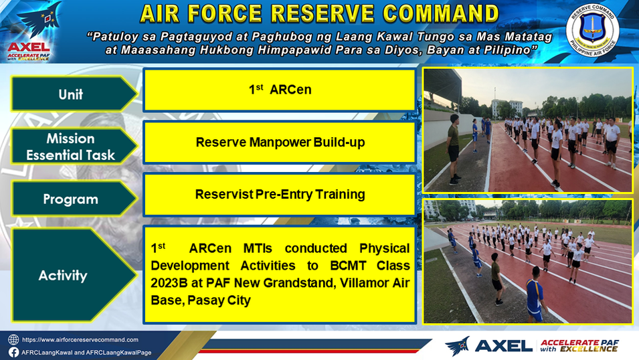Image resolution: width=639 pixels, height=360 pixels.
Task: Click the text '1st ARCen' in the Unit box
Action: [x=280, y=89]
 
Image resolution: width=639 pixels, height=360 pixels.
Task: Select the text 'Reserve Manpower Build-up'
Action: [x=280, y=143]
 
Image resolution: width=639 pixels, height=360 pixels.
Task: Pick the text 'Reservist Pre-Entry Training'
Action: [x=280, y=195]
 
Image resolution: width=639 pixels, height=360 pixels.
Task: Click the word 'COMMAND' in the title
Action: [x=441, y=13]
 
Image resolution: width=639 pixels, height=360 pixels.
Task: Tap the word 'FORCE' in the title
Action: [x=225, y=13]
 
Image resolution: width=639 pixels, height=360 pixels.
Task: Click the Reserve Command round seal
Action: [x=592, y=31]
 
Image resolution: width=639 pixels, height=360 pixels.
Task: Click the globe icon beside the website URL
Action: [x=13, y=340]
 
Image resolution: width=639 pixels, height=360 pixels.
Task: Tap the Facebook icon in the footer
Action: [x=13, y=352]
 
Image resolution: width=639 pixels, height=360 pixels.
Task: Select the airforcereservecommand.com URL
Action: [x=80, y=340]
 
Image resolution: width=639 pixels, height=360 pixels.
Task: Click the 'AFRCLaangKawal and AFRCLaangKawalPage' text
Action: [x=86, y=353]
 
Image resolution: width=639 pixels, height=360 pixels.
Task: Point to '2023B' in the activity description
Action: [x=169, y=282]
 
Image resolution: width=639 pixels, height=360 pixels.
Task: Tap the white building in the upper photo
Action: [x=507, y=108]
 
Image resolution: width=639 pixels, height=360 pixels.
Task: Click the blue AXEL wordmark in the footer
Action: [x=504, y=346]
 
